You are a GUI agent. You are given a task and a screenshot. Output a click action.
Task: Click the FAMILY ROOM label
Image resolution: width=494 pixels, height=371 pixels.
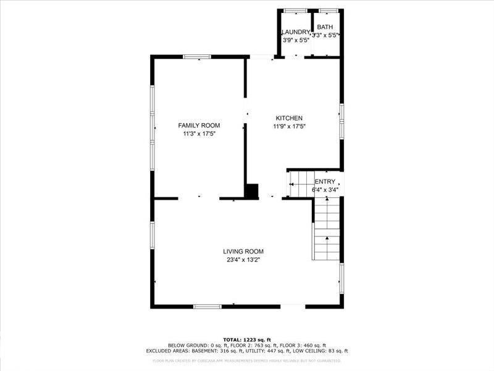click(x=199, y=126)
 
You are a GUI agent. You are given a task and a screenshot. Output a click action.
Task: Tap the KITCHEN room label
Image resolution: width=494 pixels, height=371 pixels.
click(x=289, y=118)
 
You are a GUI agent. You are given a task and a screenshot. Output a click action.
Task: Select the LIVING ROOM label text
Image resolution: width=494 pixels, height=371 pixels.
click(x=243, y=251)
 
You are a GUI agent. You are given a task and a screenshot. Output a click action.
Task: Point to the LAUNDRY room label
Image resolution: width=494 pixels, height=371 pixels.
click(x=295, y=32)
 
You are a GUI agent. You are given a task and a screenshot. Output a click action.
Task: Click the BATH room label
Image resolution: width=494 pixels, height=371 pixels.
click(x=325, y=27)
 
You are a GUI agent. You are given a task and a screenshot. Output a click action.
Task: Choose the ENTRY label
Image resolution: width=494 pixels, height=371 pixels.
click(x=325, y=181)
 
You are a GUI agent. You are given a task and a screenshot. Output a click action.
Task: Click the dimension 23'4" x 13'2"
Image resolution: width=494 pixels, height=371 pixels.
click(x=243, y=260)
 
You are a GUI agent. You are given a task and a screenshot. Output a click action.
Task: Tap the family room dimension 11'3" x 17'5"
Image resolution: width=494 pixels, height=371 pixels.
click(x=199, y=134)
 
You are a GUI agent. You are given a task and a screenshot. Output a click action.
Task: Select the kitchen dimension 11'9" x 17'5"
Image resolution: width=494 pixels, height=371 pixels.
click(x=290, y=126)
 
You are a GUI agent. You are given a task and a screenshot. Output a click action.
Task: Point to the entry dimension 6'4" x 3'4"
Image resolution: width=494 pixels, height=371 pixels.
click(x=325, y=189)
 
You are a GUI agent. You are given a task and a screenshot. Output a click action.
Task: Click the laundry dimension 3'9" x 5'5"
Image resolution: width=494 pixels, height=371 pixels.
click(x=296, y=40)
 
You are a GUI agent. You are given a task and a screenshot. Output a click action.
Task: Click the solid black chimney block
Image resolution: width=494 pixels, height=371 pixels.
click(x=252, y=191)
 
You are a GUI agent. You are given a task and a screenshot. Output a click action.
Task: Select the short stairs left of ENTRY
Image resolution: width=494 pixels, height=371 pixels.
click(x=301, y=184)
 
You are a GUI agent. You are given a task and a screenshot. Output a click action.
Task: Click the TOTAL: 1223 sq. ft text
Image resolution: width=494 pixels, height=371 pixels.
click(x=247, y=339)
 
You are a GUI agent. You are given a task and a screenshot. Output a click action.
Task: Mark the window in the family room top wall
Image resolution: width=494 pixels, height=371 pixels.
click(x=197, y=57)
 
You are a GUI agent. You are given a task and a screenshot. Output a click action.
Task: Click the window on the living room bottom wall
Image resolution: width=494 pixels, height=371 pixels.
click(x=208, y=306)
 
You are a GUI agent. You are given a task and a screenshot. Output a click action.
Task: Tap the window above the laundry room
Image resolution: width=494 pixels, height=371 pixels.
click(x=295, y=11)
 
